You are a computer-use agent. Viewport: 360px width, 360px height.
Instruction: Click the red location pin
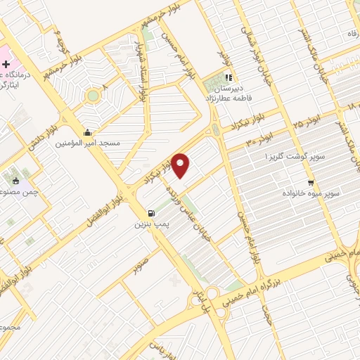click(181, 165)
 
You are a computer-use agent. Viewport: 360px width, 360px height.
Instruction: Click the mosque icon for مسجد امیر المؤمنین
click(87, 132)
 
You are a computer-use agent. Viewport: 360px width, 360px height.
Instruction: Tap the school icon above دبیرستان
click(228, 78)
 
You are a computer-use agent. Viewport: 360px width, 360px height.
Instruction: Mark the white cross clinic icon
click(6, 64)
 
